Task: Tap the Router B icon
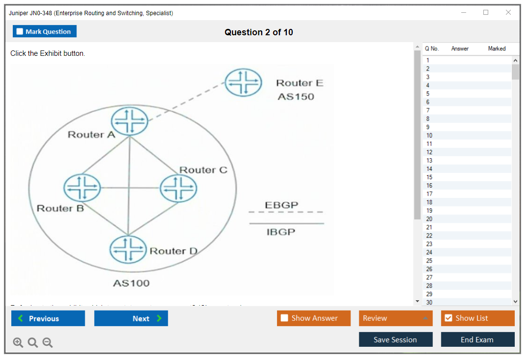pyautogui.click(x=82, y=188)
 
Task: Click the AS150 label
pyautogui.click(x=296, y=96)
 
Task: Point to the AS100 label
pyautogui.click(x=131, y=283)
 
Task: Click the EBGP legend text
pyautogui.click(x=281, y=205)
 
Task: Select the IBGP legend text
pyautogui.click(x=281, y=232)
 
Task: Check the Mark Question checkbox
pyautogui.click(x=20, y=31)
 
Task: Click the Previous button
pyautogui.click(x=48, y=318)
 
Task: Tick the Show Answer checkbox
pyautogui.click(x=284, y=318)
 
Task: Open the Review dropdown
pyautogui.click(x=396, y=318)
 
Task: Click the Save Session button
pyautogui.click(x=396, y=339)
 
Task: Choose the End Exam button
pyautogui.click(x=477, y=339)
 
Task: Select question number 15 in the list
pyautogui.click(x=429, y=177)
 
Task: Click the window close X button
pyautogui.click(x=508, y=12)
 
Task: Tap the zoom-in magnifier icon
pyautogui.click(x=18, y=342)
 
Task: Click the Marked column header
pyautogui.click(x=497, y=48)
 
